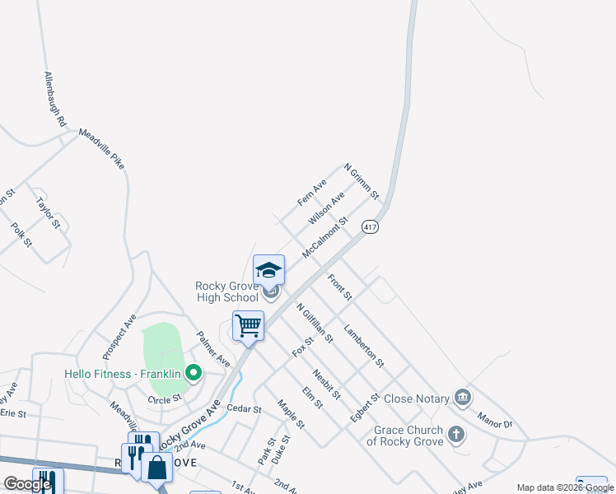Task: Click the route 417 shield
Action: point(371,226)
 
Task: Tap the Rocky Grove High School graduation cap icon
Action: point(268,270)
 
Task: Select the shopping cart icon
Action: point(248,325)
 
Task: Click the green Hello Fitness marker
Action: point(194,374)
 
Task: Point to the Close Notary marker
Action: point(463,398)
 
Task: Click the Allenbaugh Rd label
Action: point(54,97)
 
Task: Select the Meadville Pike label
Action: point(101,148)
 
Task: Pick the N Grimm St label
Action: point(361,181)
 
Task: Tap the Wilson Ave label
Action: point(326,209)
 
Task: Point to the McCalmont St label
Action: point(325,237)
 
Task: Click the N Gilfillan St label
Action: point(315,322)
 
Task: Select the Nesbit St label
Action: point(326,383)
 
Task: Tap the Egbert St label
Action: point(364,408)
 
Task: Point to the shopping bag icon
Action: point(156,467)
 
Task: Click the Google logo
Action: point(27,484)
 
